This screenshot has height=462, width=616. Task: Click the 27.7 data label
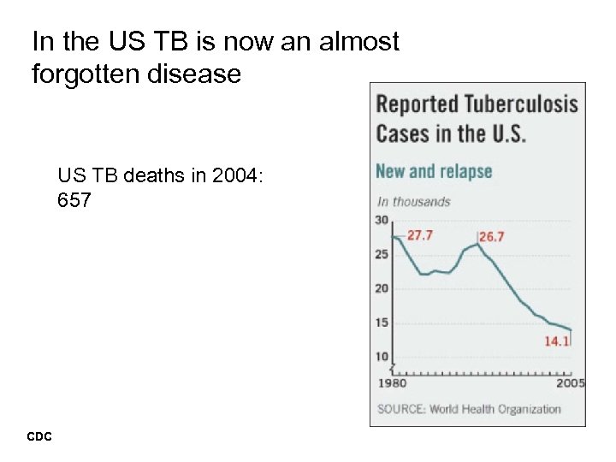click(x=419, y=235)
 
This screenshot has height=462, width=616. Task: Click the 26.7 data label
click(x=492, y=236)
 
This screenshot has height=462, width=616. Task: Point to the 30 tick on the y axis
click(x=382, y=221)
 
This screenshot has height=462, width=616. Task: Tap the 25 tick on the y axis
click(x=382, y=254)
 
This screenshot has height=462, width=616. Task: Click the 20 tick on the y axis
click(x=382, y=288)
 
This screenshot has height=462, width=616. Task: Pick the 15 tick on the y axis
click(x=382, y=323)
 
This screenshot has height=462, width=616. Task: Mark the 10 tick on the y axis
click(x=382, y=357)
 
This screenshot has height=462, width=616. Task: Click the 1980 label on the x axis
click(x=392, y=383)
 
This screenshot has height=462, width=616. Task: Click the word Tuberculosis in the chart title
click(x=522, y=106)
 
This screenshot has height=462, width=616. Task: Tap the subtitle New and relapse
click(x=434, y=171)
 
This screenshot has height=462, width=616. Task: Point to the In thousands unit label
click(x=414, y=202)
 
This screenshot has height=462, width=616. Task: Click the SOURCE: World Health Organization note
click(x=469, y=409)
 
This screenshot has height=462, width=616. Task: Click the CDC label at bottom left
click(x=39, y=437)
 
